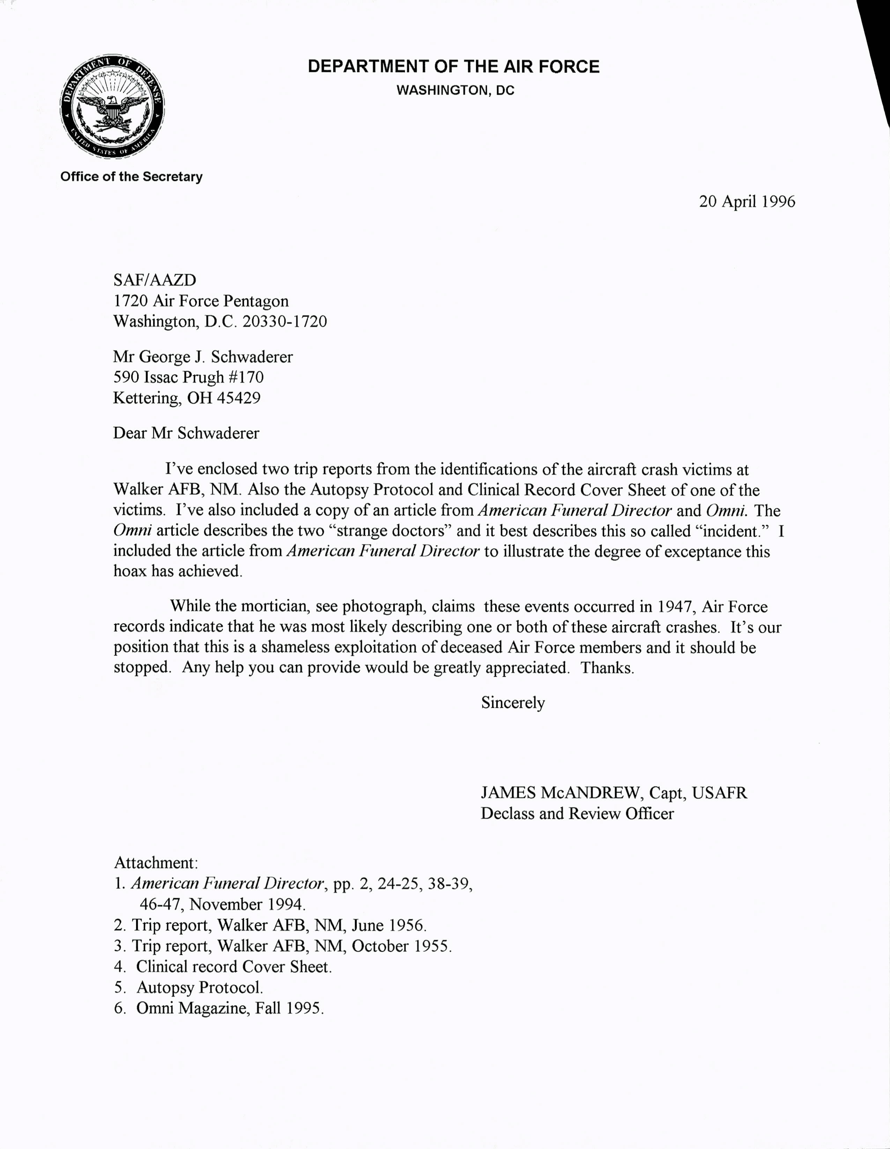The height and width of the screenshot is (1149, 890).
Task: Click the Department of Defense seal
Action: pyautogui.click(x=112, y=106)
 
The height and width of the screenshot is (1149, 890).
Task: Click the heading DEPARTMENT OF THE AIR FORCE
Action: pyautogui.click(x=453, y=67)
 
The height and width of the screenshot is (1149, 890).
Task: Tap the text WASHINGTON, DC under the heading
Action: pyautogui.click(x=455, y=90)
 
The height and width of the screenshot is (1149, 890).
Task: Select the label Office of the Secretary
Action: pyautogui.click(x=131, y=177)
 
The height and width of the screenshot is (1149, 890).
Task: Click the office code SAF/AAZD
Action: pyautogui.click(x=155, y=280)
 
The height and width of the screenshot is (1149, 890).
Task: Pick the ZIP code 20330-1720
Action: pyautogui.click(x=284, y=321)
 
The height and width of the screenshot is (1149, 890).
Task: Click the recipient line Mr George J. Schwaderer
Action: pyautogui.click(x=202, y=357)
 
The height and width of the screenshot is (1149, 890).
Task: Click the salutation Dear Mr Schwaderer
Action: pyautogui.click(x=186, y=433)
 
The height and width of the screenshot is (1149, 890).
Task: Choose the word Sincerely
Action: pyautogui.click(x=513, y=703)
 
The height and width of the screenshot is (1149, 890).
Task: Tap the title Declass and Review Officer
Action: pyautogui.click(x=577, y=814)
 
